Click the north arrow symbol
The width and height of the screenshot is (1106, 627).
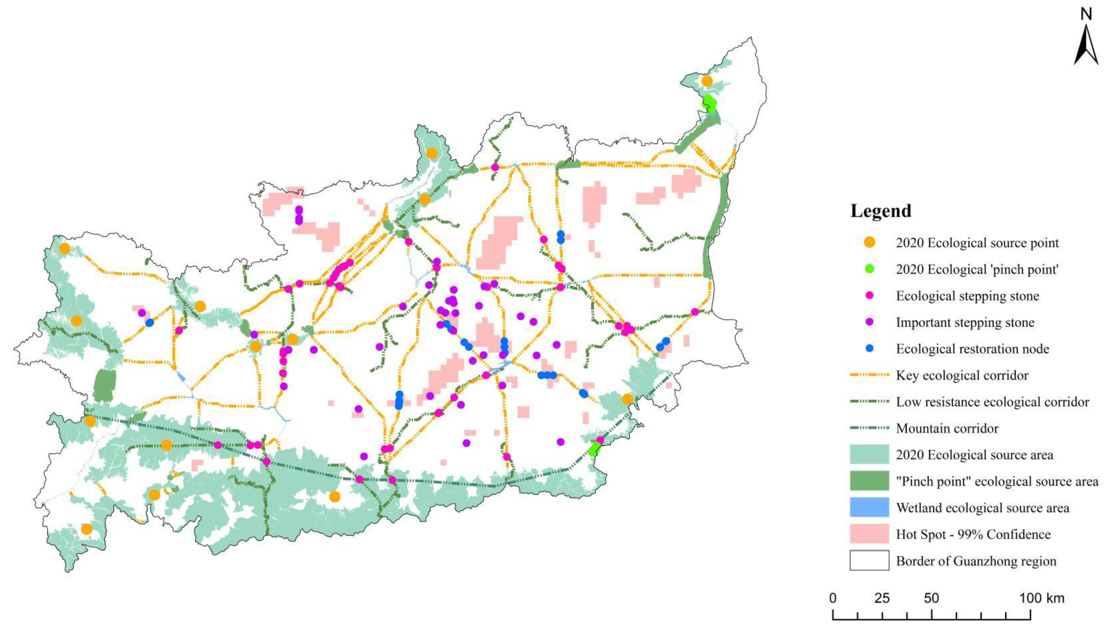[x=1086, y=45]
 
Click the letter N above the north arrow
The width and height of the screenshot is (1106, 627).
[x=1086, y=15]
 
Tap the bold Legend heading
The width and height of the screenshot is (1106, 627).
[x=881, y=211]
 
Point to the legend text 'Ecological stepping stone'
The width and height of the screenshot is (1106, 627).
[x=967, y=296]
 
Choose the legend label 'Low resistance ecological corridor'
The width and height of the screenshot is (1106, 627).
[x=992, y=402]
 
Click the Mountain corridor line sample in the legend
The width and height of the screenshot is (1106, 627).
[x=869, y=428]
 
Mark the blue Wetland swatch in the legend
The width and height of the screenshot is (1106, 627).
[x=869, y=507]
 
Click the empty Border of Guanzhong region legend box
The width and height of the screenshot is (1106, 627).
[x=869, y=560]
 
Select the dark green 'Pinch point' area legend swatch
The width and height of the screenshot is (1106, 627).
[x=869, y=481]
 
